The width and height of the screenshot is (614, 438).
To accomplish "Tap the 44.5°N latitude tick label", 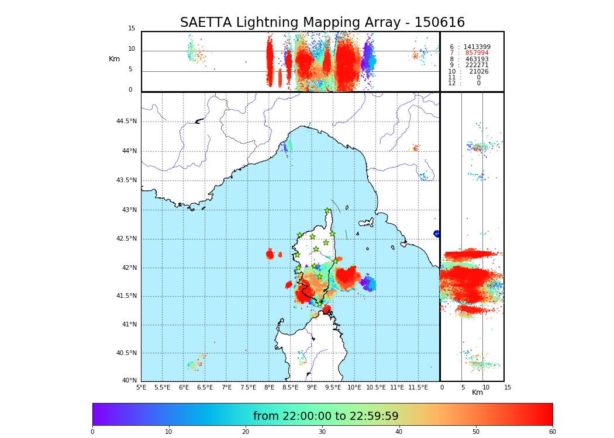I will tap(126, 121).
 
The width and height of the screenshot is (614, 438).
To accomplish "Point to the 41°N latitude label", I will tap(128, 325).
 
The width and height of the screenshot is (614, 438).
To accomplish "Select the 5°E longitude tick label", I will tap(142, 387).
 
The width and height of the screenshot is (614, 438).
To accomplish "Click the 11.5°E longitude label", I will tap(418, 387).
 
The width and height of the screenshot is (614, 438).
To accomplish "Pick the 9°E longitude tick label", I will tap(312, 387).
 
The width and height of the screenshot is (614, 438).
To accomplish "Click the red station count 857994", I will tap(477, 53).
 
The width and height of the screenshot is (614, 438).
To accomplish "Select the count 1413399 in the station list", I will tap(477, 47).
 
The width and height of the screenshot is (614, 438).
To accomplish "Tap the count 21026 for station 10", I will tap(478, 72).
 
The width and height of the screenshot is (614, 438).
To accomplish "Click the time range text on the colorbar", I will tap(326, 416).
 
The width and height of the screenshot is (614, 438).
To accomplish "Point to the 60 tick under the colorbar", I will tap(552, 432).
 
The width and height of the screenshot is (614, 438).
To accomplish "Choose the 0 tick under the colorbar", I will tap(92, 432).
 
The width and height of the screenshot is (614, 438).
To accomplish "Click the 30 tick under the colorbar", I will tap(322, 432).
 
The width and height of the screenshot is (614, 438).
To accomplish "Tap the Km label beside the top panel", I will tap(115, 59).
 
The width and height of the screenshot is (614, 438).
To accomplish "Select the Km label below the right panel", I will tap(478, 392).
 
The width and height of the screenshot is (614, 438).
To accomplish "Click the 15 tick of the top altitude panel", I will tap(132, 29).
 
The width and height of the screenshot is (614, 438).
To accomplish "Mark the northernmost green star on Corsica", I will tap(327, 211).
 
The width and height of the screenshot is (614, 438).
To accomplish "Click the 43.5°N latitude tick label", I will tap(126, 180).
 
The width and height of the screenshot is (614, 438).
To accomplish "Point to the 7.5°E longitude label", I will tap(248, 387).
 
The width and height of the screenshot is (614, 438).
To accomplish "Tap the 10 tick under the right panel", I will tap(486, 387).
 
